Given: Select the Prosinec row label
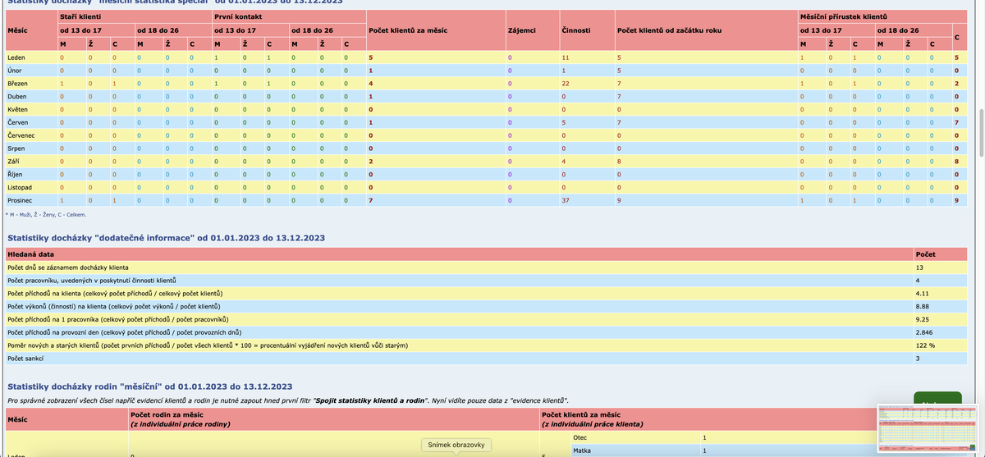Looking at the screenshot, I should click(x=19, y=200).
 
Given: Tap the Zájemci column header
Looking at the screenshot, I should click(x=522, y=30).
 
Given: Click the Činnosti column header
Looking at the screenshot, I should click(x=575, y=30).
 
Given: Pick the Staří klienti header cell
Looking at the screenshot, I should click(x=81, y=16).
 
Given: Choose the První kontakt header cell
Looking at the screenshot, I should click(x=235, y=16).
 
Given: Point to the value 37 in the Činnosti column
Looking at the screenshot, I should click(x=566, y=200).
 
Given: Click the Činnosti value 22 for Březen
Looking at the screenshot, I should click(x=566, y=84).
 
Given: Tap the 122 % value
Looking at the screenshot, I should click(x=927, y=345).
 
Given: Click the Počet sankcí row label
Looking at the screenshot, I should click(x=27, y=359).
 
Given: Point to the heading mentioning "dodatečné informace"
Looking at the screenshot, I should click(x=166, y=238).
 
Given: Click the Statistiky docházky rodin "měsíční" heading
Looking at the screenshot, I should click(x=149, y=386).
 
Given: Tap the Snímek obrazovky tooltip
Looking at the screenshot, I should click(x=456, y=445).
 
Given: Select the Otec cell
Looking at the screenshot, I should click(x=580, y=437).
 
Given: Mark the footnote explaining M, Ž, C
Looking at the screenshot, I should click(x=45, y=215).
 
